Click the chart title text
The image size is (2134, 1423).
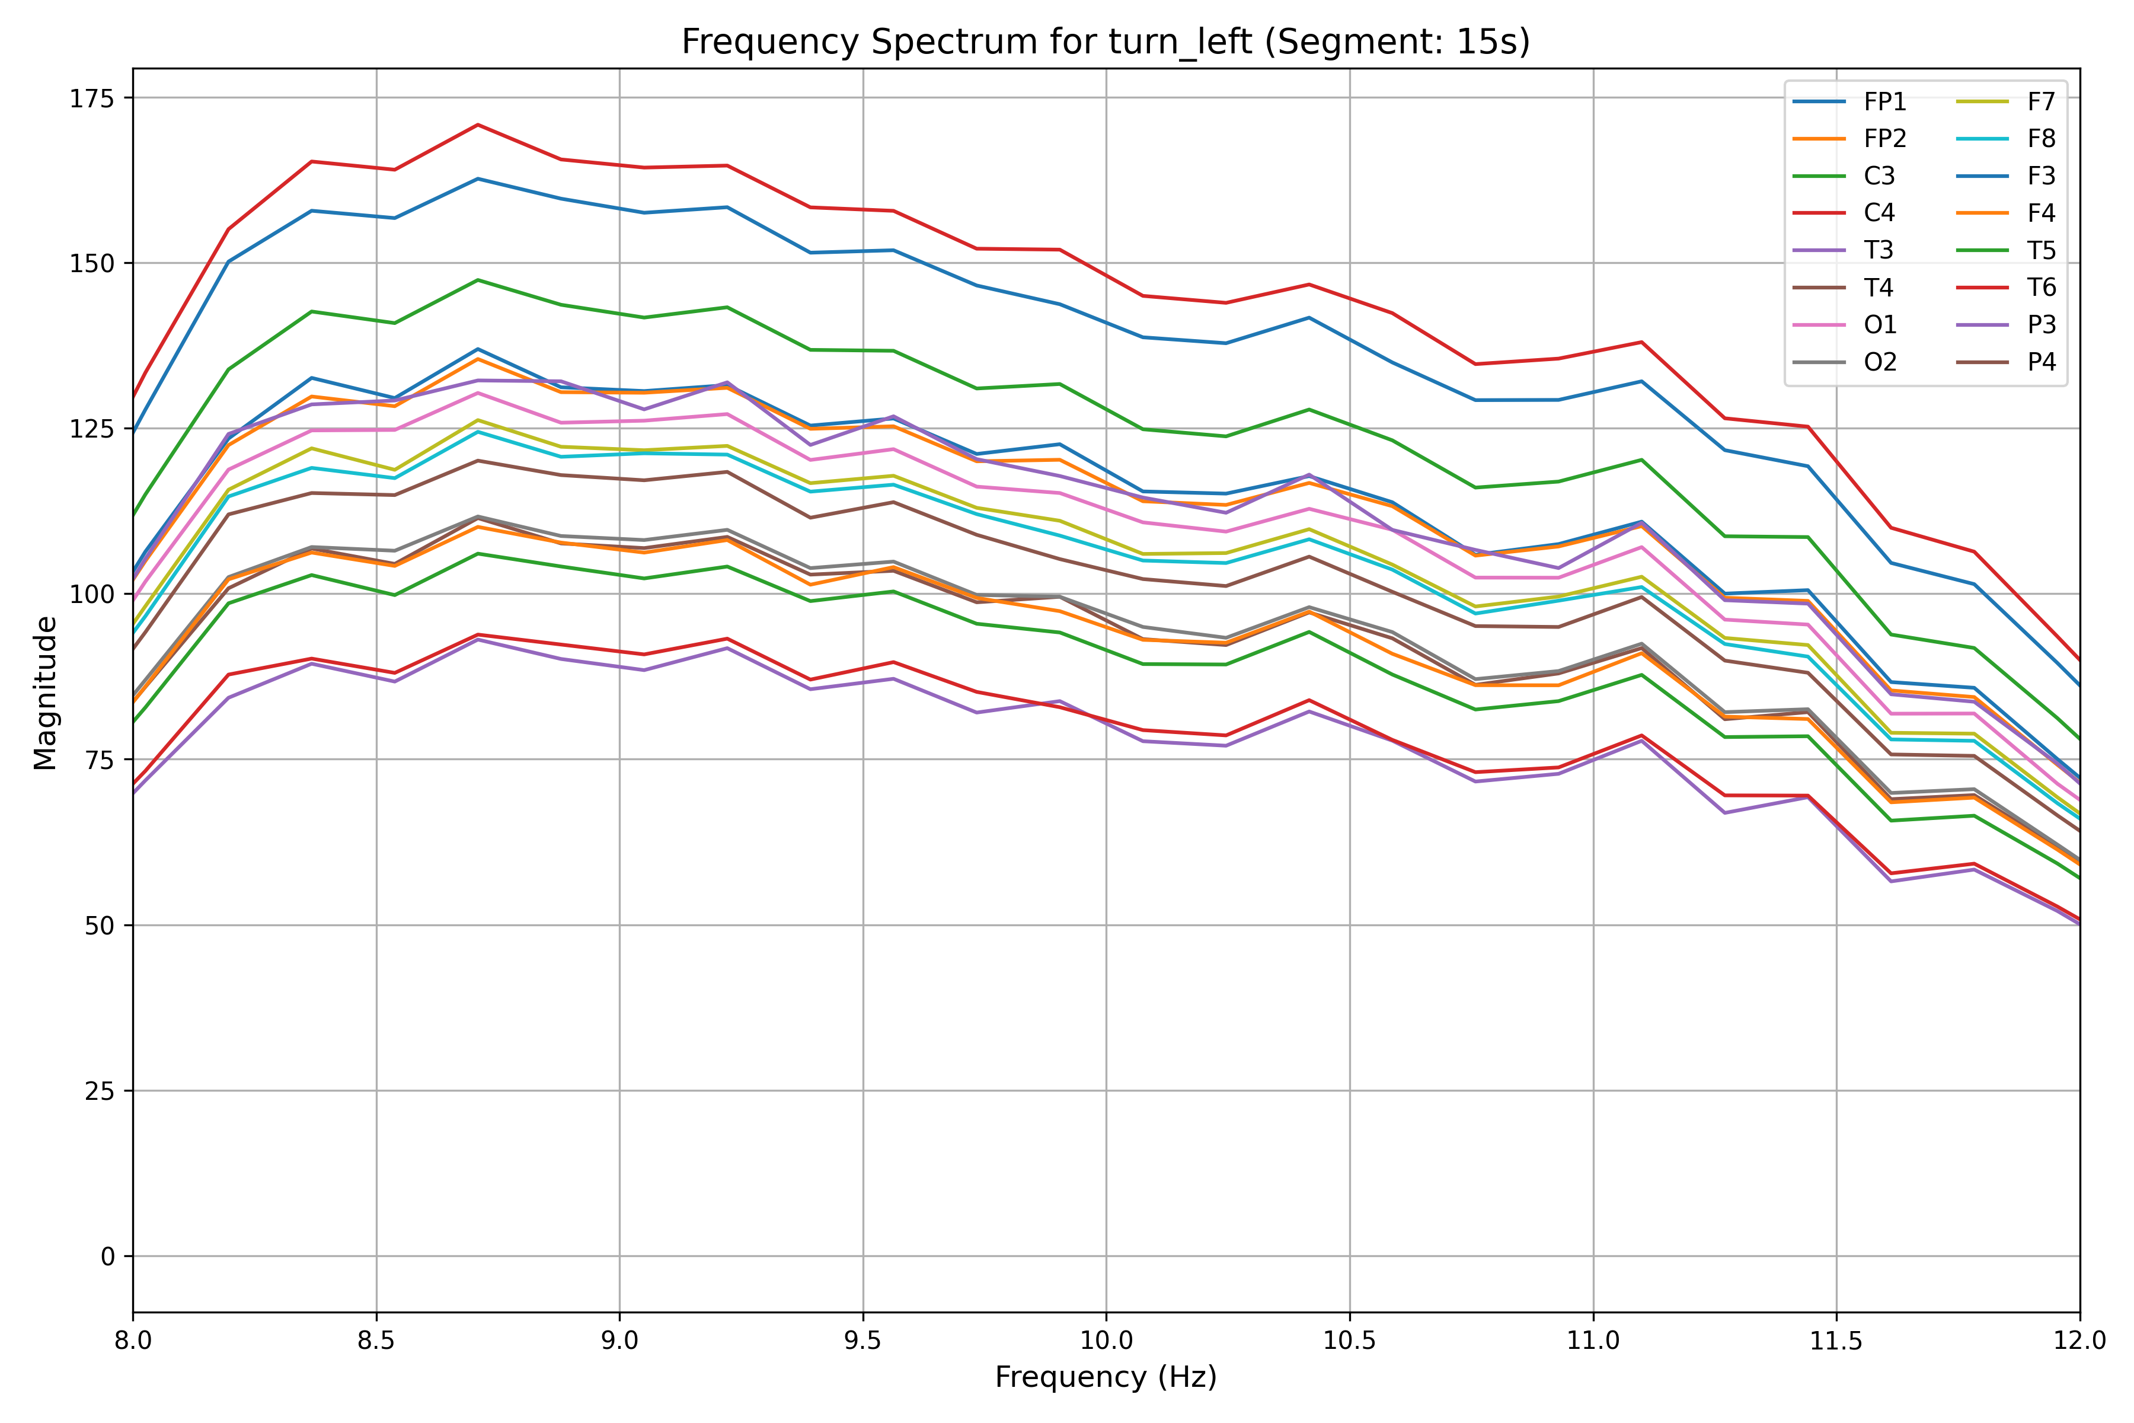pyautogui.click(x=1105, y=42)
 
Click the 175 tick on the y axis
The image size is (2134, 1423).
pyautogui.click(x=92, y=98)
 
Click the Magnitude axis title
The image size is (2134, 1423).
pyautogui.click(x=46, y=693)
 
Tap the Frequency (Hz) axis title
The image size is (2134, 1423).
pyautogui.click(x=1105, y=1377)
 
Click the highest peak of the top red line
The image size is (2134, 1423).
pyautogui.click(x=478, y=125)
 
